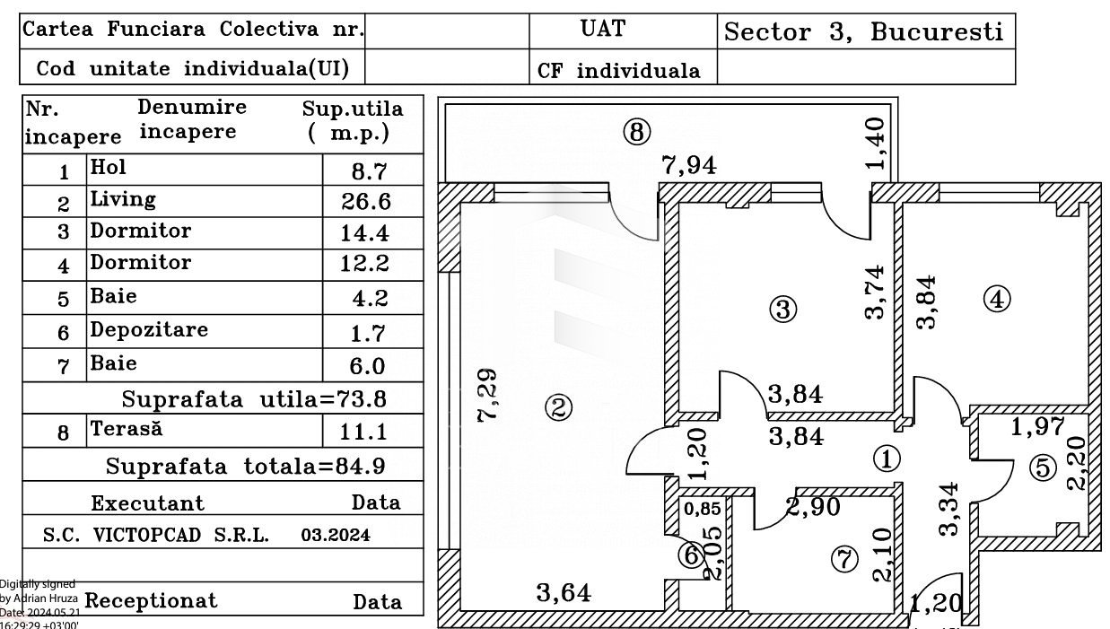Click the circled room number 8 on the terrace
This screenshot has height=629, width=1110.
click(x=635, y=133)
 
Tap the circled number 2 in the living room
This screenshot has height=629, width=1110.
click(x=557, y=408)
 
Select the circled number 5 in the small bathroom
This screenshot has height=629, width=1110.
click(x=1042, y=467)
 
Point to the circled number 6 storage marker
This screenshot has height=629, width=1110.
click(x=691, y=556)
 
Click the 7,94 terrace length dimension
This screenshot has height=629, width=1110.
click(x=689, y=165)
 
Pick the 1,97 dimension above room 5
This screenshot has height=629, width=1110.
click(x=1037, y=427)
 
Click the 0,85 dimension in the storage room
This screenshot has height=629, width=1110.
click(x=702, y=509)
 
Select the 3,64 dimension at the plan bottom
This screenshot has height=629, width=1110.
click(x=563, y=592)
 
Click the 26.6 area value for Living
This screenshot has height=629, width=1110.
click(x=365, y=201)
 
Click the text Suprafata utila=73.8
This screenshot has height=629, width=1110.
click(x=255, y=398)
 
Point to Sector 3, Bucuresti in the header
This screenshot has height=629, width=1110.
click(x=863, y=32)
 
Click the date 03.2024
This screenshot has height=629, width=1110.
click(x=336, y=535)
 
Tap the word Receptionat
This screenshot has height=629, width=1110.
click(x=152, y=600)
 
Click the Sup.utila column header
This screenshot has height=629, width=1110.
click(x=353, y=121)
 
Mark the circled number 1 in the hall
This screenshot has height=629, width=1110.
click(x=887, y=459)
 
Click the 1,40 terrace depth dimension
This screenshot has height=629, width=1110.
click(x=877, y=144)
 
